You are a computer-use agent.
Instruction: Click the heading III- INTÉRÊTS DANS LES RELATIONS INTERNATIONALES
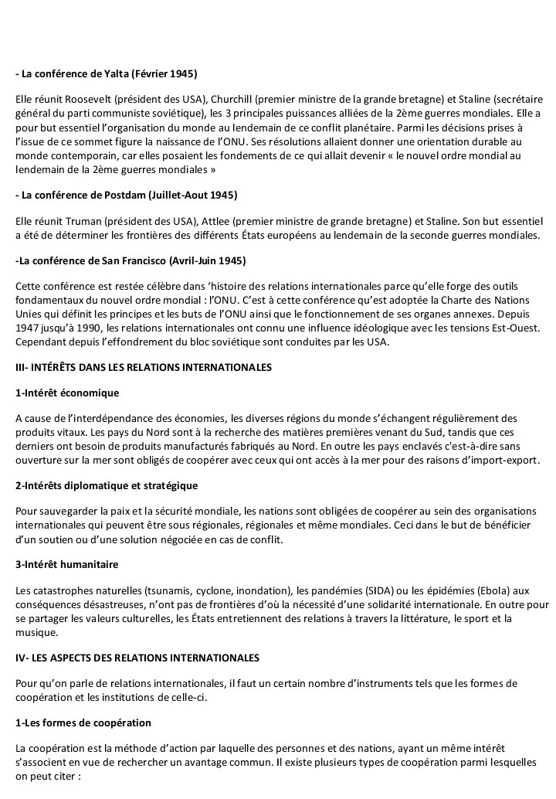144,368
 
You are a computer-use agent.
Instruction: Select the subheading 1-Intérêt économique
67,393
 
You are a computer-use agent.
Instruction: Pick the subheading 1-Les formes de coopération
83,722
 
